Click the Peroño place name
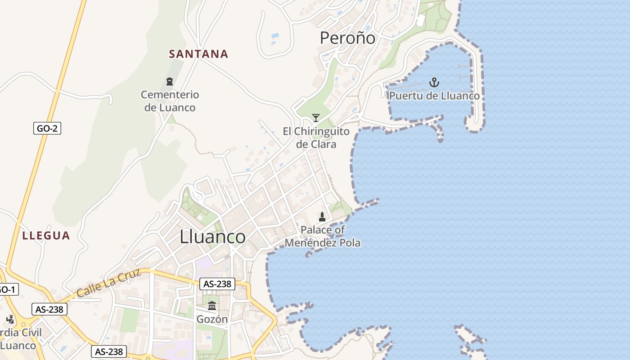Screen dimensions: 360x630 [x=347, y=38]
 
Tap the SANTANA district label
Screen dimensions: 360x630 [x=198, y=54]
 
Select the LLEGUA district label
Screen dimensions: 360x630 [x=46, y=236]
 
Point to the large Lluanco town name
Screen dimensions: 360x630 [x=212, y=237]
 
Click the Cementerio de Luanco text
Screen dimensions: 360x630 [x=170, y=101]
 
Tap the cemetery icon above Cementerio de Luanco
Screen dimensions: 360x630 [x=170, y=81]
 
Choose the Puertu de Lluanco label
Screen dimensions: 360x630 [x=434, y=96]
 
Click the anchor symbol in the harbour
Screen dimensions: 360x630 [x=434, y=82]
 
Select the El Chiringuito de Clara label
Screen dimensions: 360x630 [x=316, y=138]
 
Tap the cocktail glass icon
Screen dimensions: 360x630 [x=316, y=118]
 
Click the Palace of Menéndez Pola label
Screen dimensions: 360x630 [x=323, y=236]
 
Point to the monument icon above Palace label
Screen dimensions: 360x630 [x=322, y=217]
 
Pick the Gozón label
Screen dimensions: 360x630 [x=212, y=319]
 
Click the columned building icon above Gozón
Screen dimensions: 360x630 [x=212, y=306]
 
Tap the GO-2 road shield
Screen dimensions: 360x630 [x=47, y=129]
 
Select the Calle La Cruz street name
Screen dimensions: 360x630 [x=109, y=283]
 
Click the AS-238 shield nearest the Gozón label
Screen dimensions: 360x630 [x=217, y=284]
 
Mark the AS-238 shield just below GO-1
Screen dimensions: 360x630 [x=49, y=310]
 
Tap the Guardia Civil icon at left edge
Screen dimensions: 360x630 [x=10, y=319]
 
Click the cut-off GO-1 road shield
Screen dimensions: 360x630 [x=8, y=289]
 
